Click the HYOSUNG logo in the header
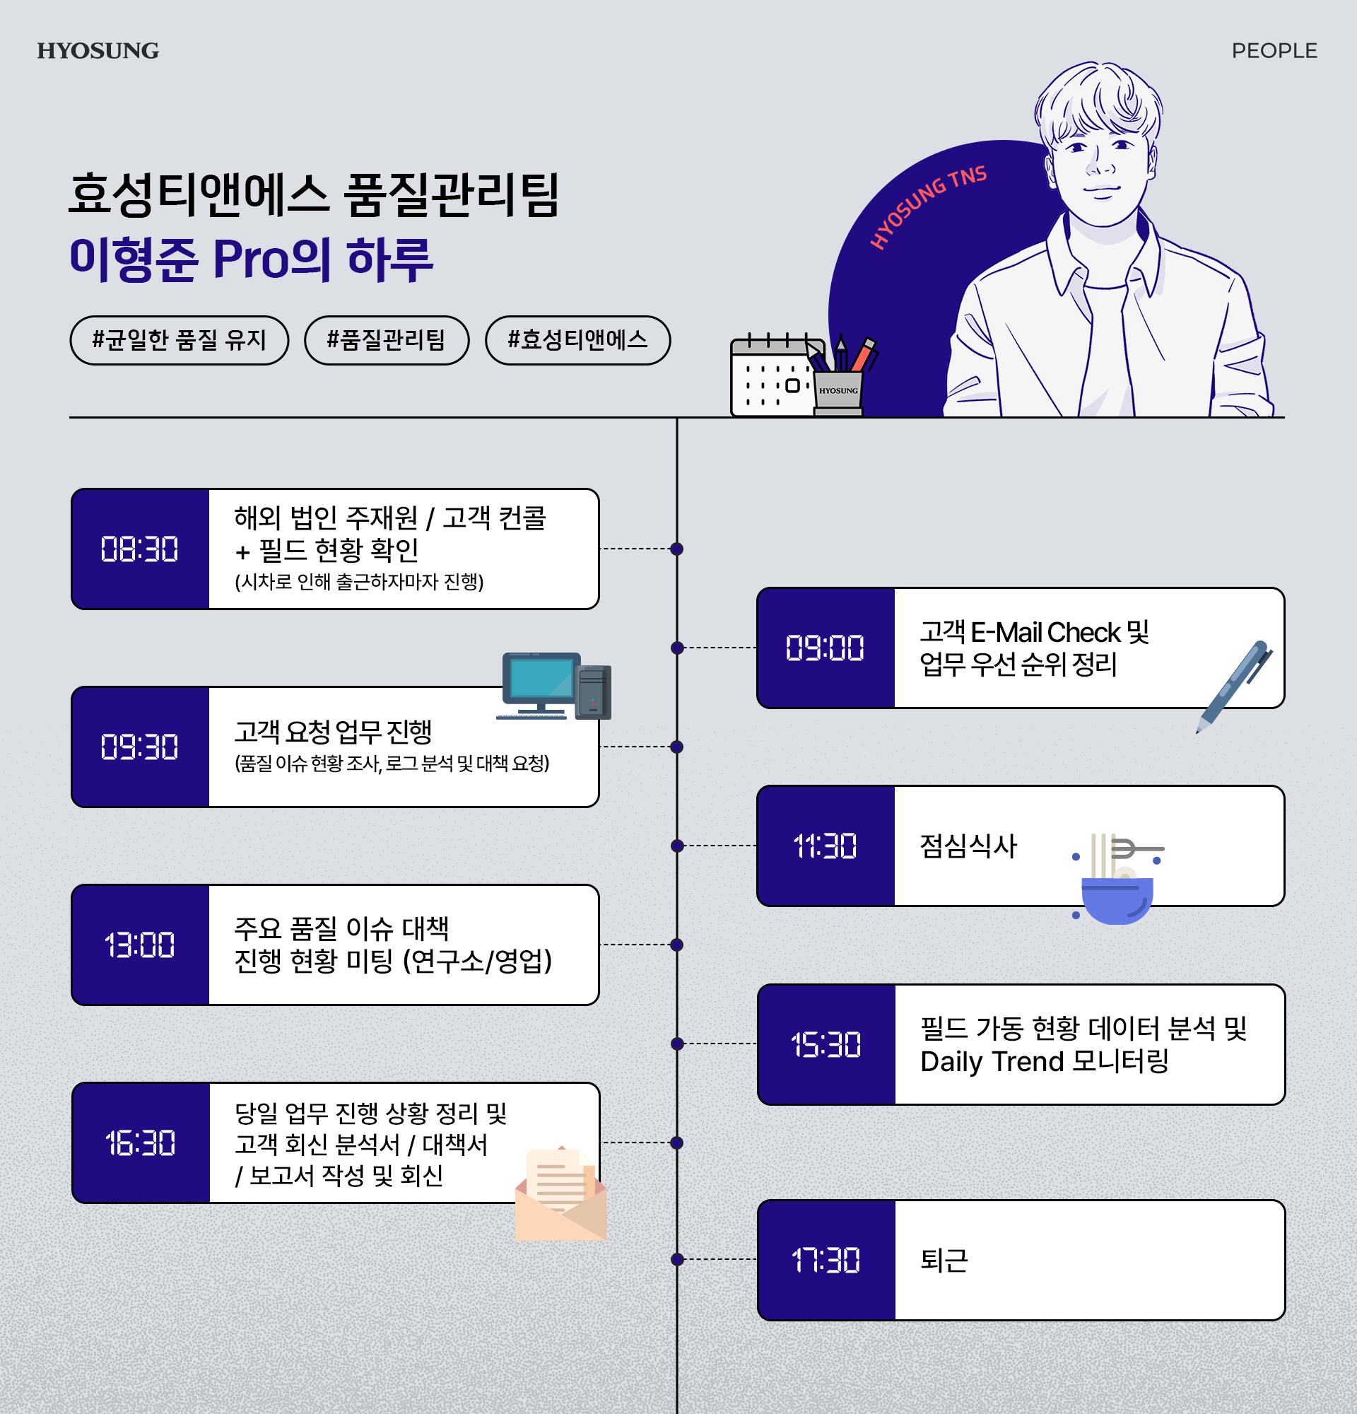[98, 50]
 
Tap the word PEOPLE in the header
[1274, 50]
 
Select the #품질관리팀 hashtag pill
[387, 340]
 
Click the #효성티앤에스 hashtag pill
[577, 340]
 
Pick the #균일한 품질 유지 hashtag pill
[180, 340]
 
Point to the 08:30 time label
[140, 549]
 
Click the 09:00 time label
[825, 648]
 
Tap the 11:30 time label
[825, 846]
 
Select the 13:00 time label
[140, 945]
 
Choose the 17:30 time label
[826, 1261]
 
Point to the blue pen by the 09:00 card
[1235, 685]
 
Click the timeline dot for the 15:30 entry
[677, 1044]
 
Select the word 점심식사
[968, 846]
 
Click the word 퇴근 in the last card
[944, 1261]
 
